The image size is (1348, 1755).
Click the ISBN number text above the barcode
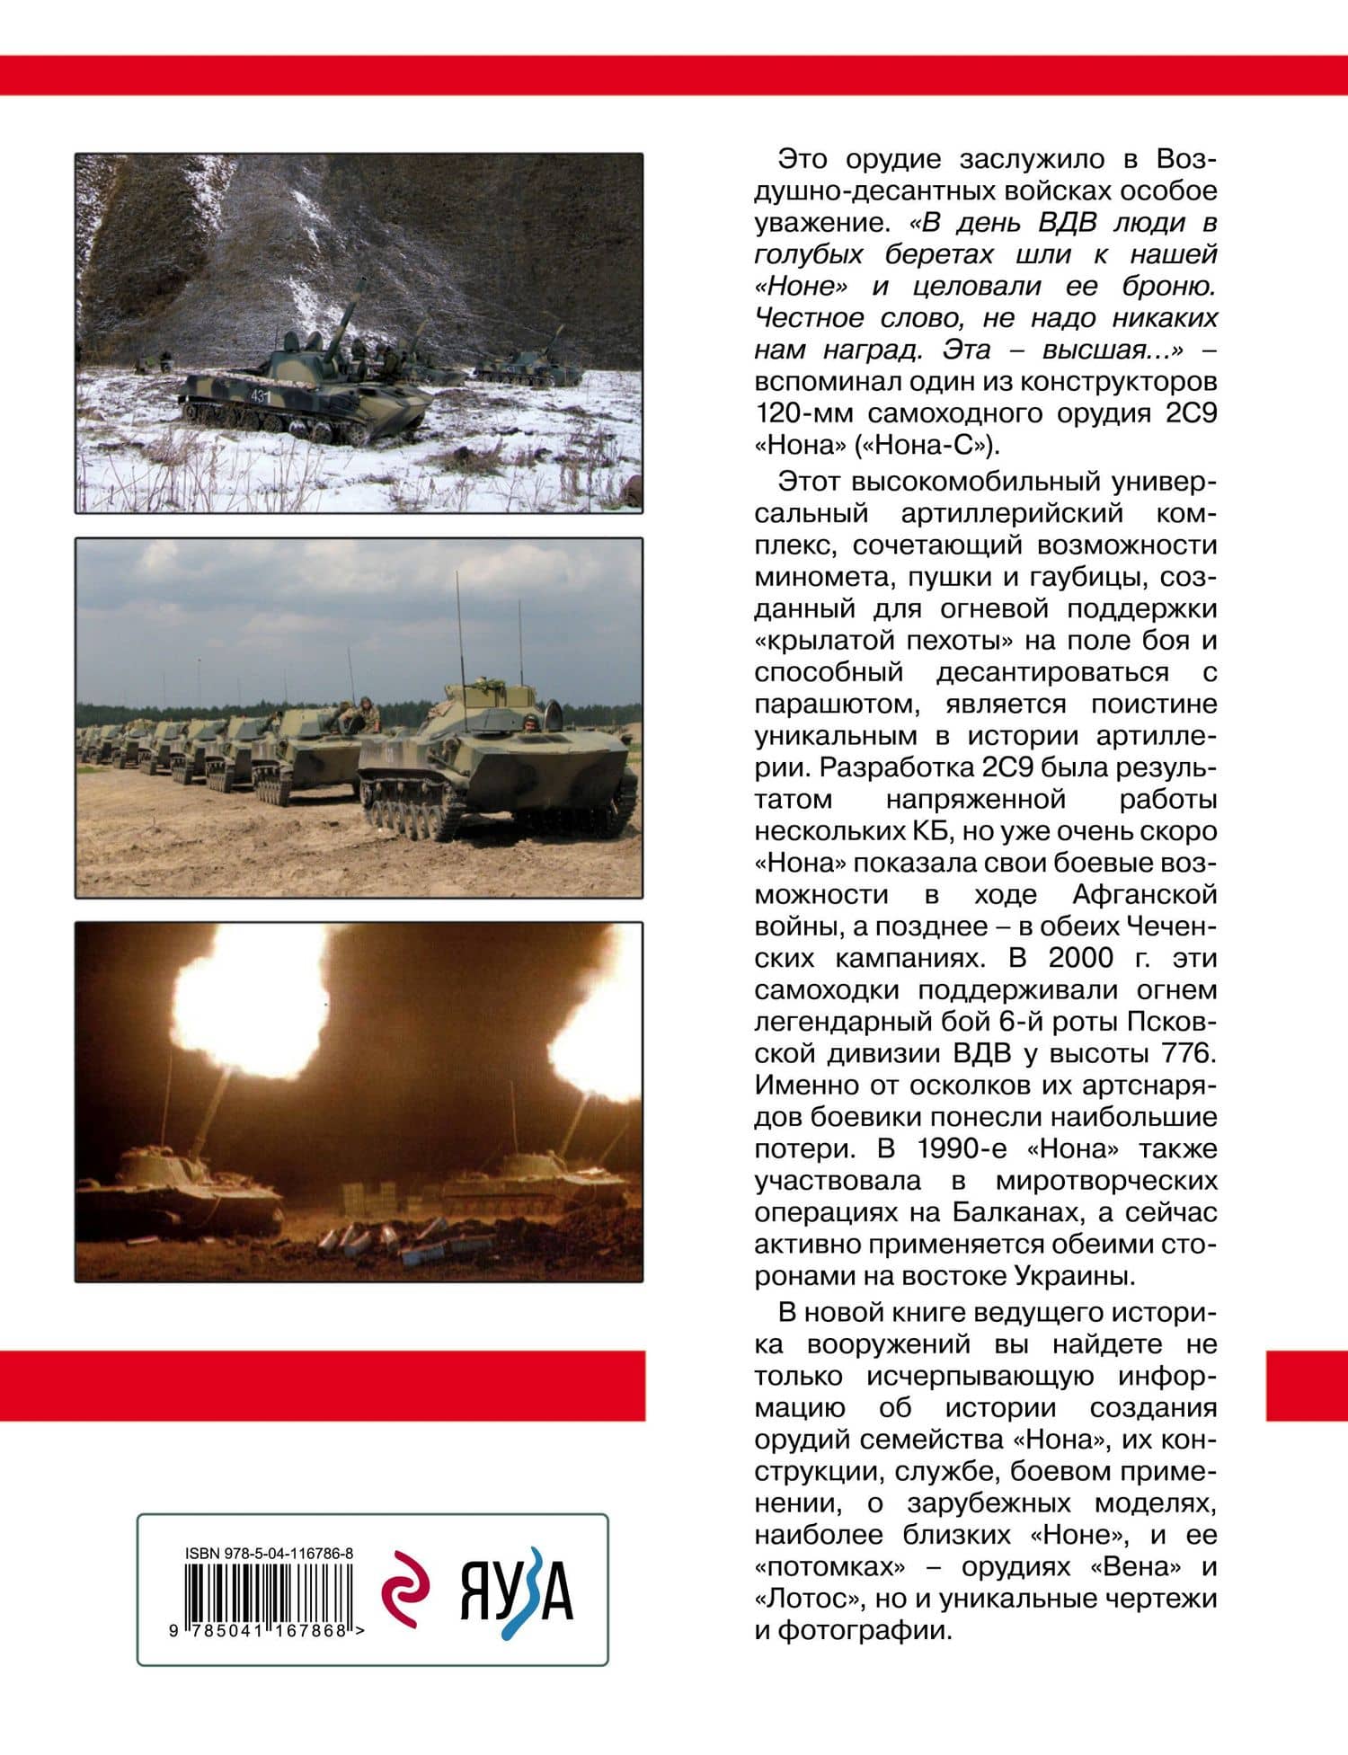[x=269, y=1553]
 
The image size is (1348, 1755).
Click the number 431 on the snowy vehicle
[x=260, y=396]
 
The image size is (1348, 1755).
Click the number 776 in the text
[x=1193, y=1053]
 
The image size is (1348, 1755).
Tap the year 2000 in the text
[x=1081, y=958]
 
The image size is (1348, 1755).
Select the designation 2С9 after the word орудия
[x=1189, y=413]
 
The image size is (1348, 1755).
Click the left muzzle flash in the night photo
[x=247, y=1002]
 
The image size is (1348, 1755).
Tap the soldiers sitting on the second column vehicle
[x=355, y=714]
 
